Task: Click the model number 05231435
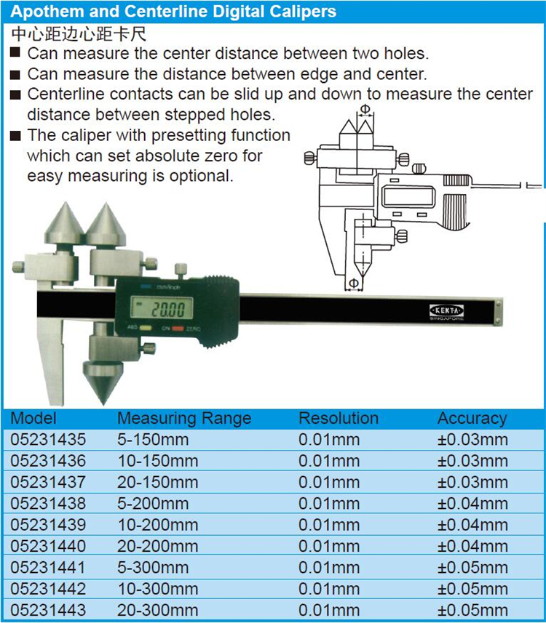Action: (x=48, y=439)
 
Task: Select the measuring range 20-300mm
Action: (x=157, y=610)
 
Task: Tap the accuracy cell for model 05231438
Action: (x=472, y=503)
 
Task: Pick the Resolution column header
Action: (x=339, y=419)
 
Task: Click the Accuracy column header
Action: (x=472, y=419)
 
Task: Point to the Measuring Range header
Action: (x=184, y=419)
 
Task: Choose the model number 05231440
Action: (x=48, y=546)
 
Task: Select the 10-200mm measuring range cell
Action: (x=157, y=525)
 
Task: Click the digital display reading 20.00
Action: (x=168, y=310)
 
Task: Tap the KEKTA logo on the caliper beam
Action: (x=446, y=310)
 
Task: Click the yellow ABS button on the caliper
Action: (x=146, y=328)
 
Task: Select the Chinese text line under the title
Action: (x=79, y=34)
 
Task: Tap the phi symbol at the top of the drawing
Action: (x=365, y=109)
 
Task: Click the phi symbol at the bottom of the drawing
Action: (x=353, y=283)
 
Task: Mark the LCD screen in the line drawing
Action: (x=408, y=196)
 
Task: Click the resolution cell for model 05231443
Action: (x=329, y=610)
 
